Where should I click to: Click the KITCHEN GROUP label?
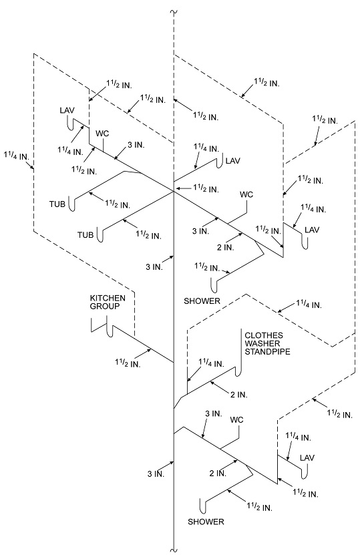[104, 302]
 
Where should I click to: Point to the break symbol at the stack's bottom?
[174, 548]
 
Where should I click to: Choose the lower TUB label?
[85, 234]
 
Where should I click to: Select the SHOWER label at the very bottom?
[206, 521]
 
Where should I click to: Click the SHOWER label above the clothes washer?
[202, 301]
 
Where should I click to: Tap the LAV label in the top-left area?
[66, 110]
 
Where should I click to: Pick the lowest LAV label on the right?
[307, 457]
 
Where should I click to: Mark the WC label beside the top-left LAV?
[102, 132]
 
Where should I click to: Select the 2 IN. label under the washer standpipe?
[239, 395]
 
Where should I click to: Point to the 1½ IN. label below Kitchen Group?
[127, 363]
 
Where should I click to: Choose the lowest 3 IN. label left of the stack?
[155, 474]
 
